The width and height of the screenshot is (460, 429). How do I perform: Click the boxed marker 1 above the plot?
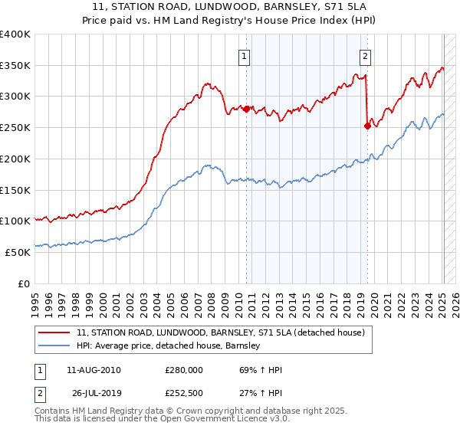pos(243,55)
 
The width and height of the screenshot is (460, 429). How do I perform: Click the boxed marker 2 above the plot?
pos(365,55)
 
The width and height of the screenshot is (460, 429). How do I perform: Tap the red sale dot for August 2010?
pos(246,110)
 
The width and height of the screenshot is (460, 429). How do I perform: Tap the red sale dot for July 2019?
pos(367,126)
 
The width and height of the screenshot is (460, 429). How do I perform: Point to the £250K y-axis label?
pos(15,127)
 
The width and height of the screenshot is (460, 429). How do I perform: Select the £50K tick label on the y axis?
pos(18,252)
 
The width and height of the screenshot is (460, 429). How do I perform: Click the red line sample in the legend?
pos(55,332)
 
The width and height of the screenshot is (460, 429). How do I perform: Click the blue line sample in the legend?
pos(55,345)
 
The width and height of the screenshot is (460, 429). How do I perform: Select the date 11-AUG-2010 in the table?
pos(94,370)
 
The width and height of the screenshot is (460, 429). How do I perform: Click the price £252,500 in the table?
pos(183,394)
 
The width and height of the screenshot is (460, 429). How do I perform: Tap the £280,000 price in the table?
pos(183,370)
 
